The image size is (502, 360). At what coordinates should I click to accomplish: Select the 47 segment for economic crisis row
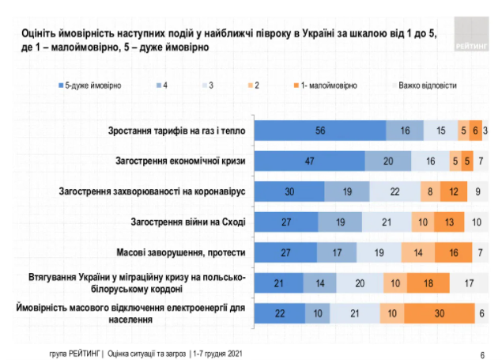point(310,161)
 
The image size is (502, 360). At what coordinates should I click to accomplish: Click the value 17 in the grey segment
point(470,283)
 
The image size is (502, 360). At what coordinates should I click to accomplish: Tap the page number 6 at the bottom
point(482,354)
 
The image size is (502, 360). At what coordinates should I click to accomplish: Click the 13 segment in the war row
point(448,222)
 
